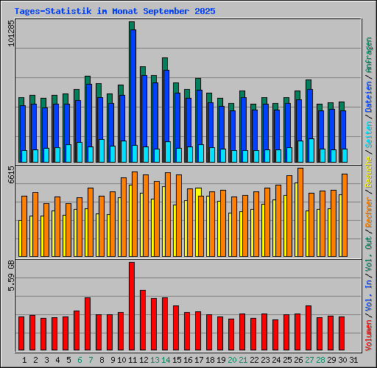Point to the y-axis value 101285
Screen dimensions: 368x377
pyautogui.click(x=10, y=33)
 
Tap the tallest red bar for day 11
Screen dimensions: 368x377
pyautogui.click(x=132, y=305)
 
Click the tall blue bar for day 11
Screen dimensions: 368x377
pyautogui.click(x=133, y=92)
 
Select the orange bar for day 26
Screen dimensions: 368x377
pyautogui.click(x=300, y=212)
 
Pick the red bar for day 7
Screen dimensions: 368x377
pyautogui.click(x=88, y=324)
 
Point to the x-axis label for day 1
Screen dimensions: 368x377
pyautogui.click(x=25, y=360)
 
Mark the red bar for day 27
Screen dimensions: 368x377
pyautogui.click(x=309, y=328)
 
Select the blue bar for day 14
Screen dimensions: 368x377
pyautogui.click(x=166, y=114)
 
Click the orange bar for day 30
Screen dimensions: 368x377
pyautogui.click(x=345, y=214)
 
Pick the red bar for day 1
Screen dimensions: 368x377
pyautogui.click(x=21, y=333)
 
